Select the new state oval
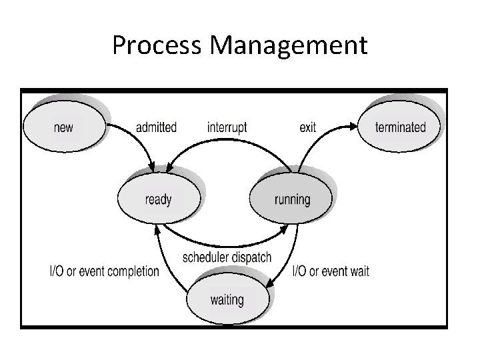point(63,126)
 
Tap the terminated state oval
point(399,126)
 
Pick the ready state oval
point(158,199)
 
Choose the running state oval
point(291,199)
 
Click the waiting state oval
point(227,299)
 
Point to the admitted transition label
point(156,127)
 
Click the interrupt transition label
point(227,127)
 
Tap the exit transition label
point(307,127)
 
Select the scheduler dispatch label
point(227,257)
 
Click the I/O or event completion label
point(105,271)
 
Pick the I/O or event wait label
point(331,271)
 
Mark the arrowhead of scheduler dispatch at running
point(285,229)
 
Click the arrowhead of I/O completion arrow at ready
point(157,229)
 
